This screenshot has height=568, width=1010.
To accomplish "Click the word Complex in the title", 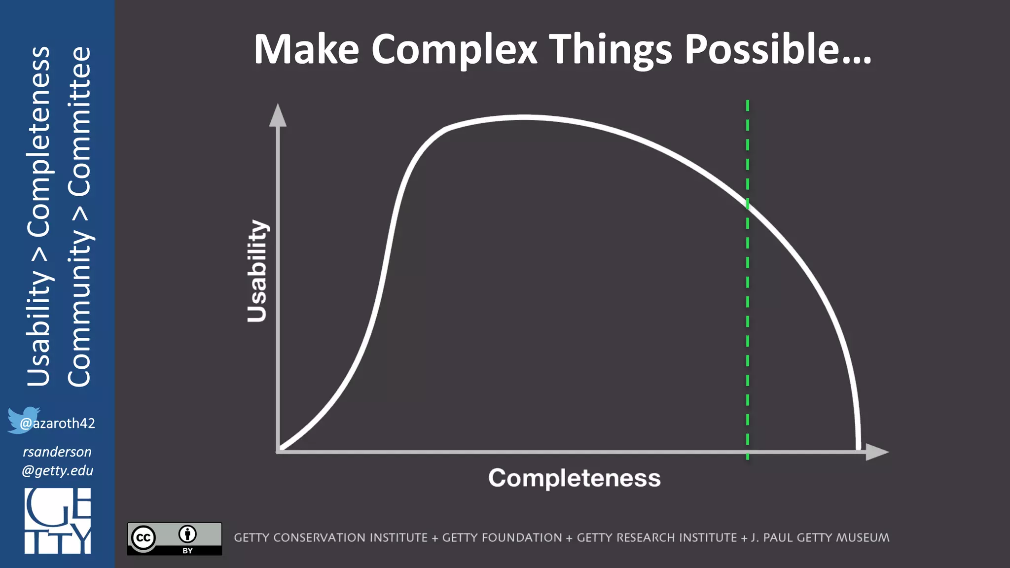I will [x=454, y=49].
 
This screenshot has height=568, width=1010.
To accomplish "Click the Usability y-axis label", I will [x=257, y=271].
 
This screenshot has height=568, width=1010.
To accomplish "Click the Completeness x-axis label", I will [x=574, y=478].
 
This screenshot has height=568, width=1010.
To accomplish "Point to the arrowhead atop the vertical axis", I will [x=278, y=115].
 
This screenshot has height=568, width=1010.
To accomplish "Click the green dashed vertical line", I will [x=748, y=320].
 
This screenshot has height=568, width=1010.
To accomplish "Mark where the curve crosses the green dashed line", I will [x=748, y=203].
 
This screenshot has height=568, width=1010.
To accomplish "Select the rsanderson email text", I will [x=57, y=461].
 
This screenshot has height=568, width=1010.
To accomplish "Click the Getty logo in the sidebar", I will [x=58, y=521].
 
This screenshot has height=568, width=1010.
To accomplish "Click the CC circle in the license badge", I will [x=144, y=537].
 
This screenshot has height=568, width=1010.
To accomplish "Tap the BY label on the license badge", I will [x=187, y=551].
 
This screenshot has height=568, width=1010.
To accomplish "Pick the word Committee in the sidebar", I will [x=79, y=121].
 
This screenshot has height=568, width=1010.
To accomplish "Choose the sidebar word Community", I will [x=79, y=308].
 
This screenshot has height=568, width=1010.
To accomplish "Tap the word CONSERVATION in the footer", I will [x=351, y=537].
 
